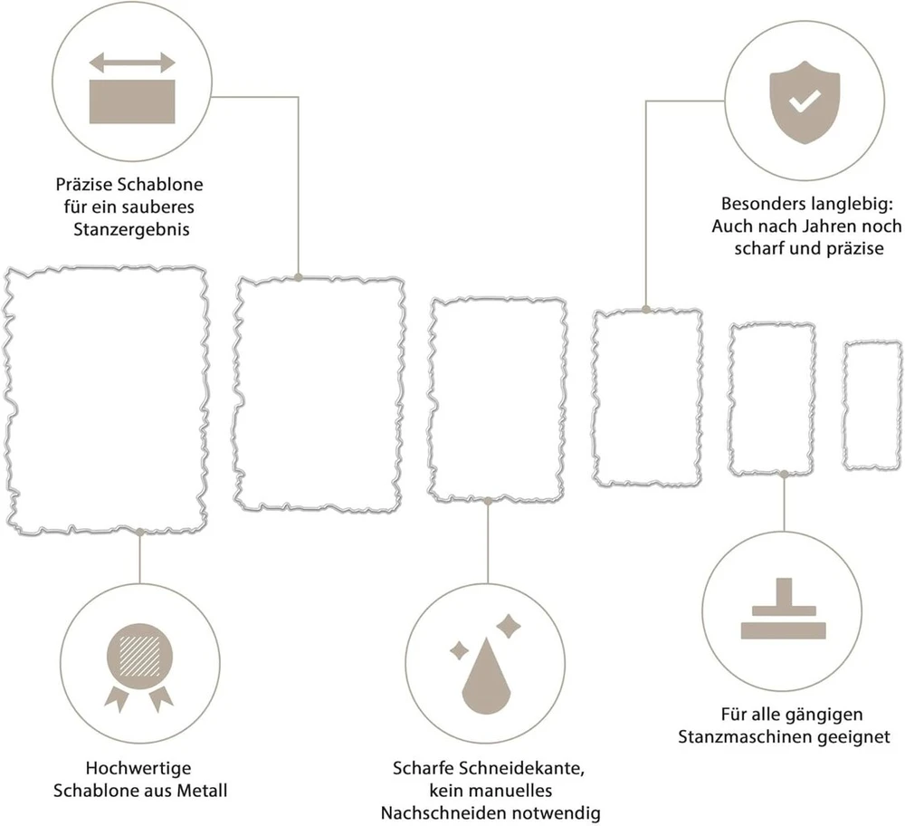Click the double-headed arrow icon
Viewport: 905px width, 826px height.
click(132, 62)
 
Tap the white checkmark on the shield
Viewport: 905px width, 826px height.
click(805, 101)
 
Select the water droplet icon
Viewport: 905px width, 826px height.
click(487, 676)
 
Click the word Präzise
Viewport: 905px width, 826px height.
click(85, 185)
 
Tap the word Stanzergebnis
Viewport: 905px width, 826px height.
click(131, 229)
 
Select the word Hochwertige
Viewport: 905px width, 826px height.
click(138, 768)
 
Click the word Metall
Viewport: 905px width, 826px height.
click(202, 790)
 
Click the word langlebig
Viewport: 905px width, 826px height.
click(852, 204)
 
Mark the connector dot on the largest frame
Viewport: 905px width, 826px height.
click(139, 532)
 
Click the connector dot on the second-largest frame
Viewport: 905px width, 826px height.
click(299, 278)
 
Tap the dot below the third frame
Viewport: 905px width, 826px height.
click(488, 502)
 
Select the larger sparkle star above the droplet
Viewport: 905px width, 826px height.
click(509, 626)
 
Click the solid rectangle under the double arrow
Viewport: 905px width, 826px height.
click(132, 101)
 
